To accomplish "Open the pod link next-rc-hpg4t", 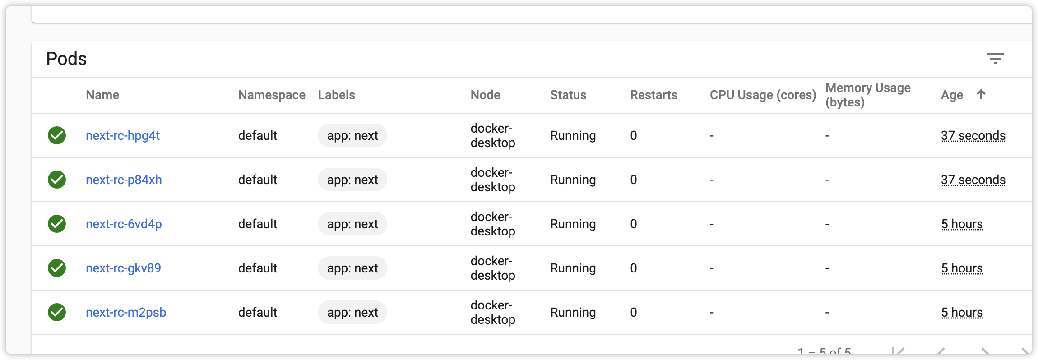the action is pos(123,135).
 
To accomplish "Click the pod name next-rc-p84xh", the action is pos(124,180).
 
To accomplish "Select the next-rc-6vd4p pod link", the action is pos(124,224).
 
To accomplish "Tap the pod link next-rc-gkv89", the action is pos(123,268).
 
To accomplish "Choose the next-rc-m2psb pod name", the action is pos(126,312).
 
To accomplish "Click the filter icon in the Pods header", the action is pos(995,59).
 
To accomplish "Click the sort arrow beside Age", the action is pos(981,94).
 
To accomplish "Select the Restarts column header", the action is pos(653,95).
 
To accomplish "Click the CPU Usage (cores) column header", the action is pos(763,95).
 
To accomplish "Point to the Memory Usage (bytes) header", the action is pos(867,95).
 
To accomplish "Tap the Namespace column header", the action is pos(272,95).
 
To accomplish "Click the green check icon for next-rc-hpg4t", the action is pos(57,135).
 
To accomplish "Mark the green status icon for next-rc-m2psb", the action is pos(57,312).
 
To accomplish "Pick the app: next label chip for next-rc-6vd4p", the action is pos(352,224).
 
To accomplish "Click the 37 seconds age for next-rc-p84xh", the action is pos(973,180).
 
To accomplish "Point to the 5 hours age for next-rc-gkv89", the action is pos(962,268).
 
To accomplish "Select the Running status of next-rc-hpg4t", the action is pos(573,135).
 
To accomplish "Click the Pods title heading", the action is pos(66,59).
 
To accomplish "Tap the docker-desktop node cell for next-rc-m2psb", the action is pos(492,312).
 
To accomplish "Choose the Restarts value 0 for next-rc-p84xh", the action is pos(634,180).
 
